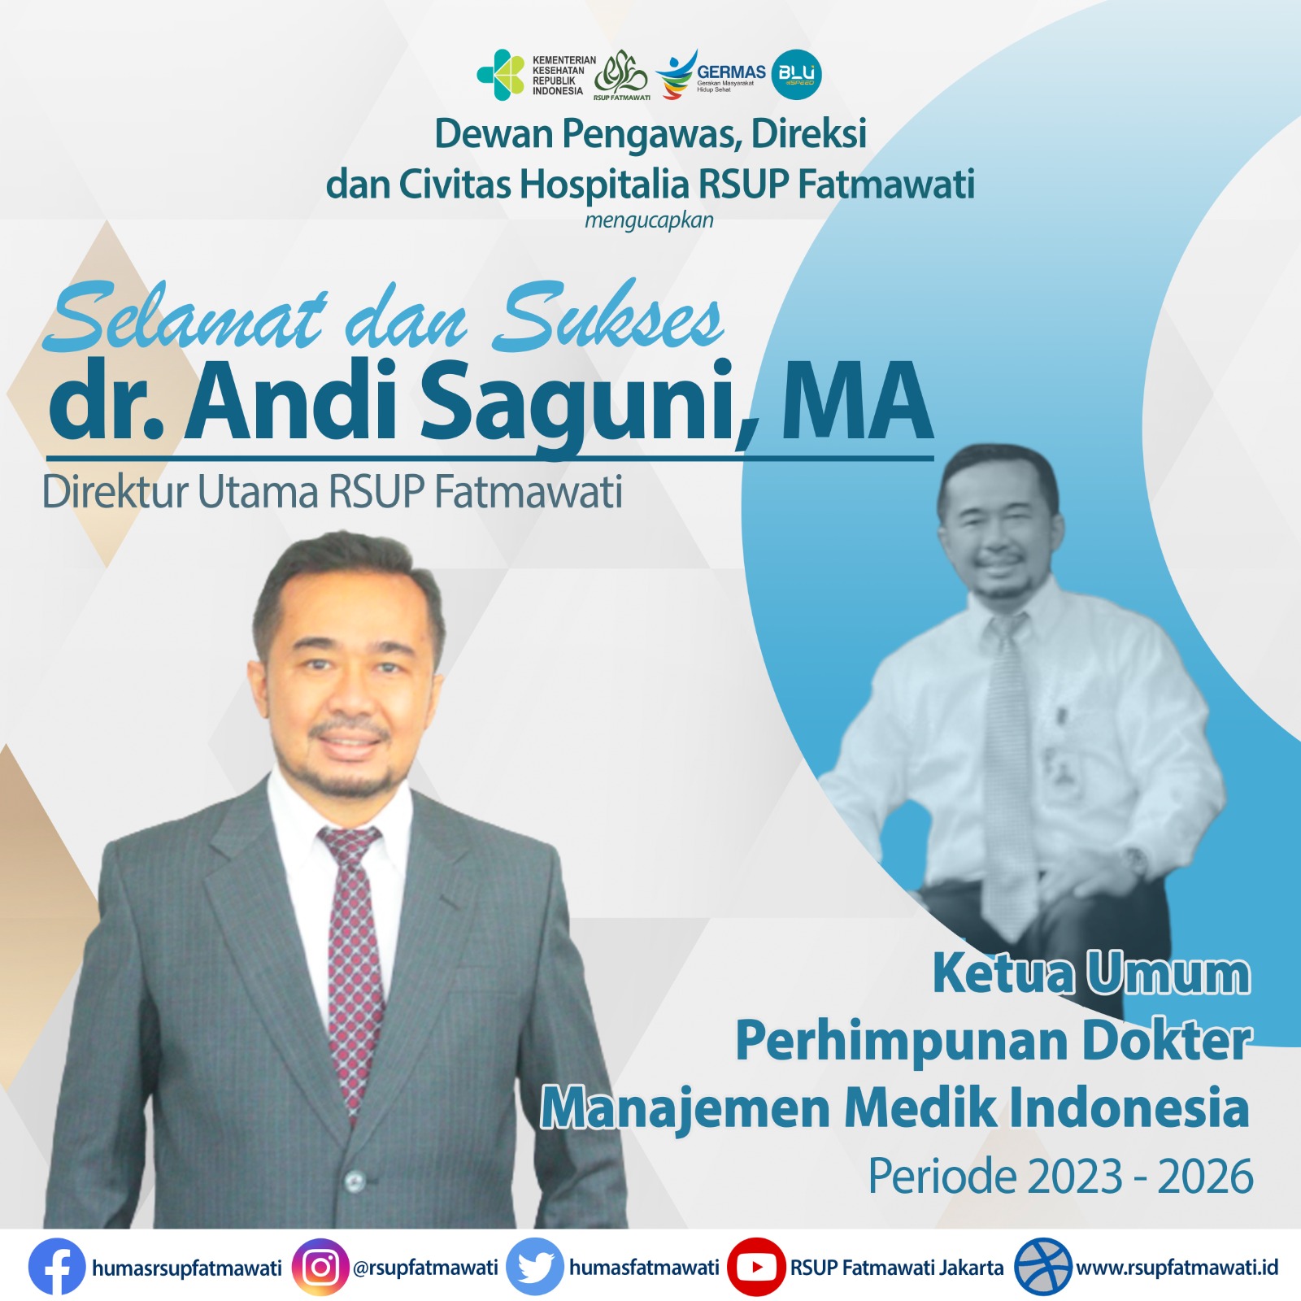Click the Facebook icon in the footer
56,1266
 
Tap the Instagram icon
320,1266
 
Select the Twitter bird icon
535,1266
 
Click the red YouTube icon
756,1266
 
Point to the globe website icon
1043,1266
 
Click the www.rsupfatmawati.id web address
1177,1267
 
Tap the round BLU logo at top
796,74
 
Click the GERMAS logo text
731,72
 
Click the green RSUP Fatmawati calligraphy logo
621,74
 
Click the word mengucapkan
649,220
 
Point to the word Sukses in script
610,318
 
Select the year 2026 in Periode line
1205,1177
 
